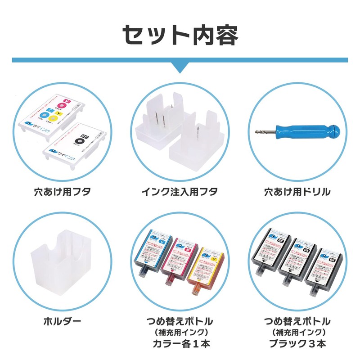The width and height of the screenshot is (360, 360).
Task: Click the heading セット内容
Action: (x=180, y=35)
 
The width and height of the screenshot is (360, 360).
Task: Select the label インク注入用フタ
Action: (x=180, y=192)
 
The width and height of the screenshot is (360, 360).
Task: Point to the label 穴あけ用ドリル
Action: (x=297, y=192)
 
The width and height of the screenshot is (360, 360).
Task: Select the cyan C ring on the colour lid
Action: (x=44, y=116)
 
